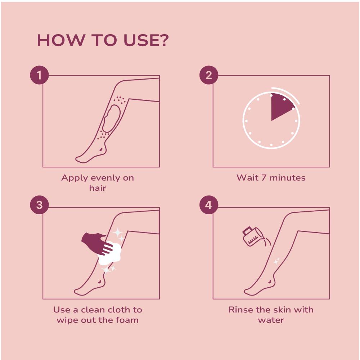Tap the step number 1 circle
40,75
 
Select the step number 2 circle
209,75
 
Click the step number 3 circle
40,205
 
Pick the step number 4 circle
209,205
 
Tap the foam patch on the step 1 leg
112,118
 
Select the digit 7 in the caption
264,178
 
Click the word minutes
287,178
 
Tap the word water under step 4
271,320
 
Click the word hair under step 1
98,188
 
